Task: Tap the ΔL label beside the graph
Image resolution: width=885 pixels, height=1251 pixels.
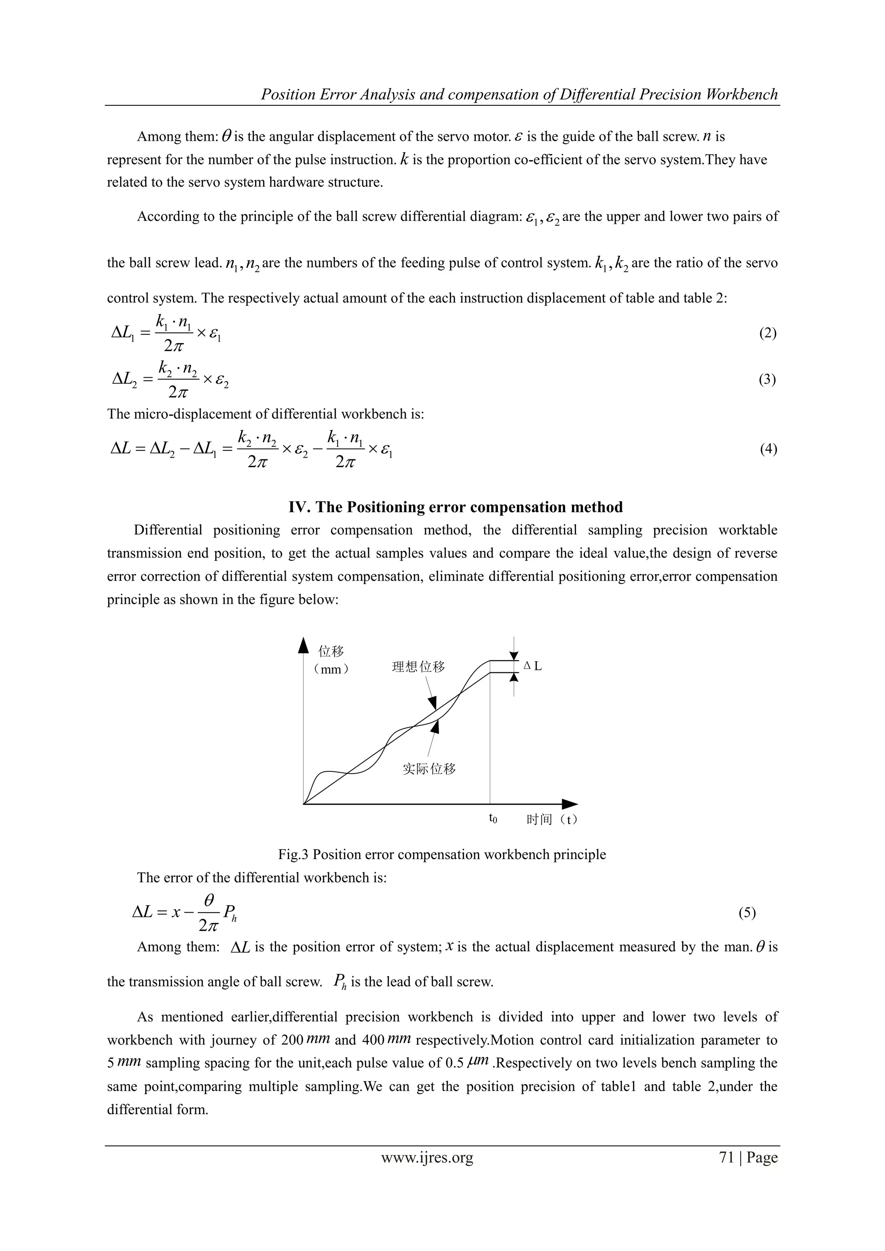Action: point(532,666)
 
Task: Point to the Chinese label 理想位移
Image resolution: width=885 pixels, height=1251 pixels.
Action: point(419,667)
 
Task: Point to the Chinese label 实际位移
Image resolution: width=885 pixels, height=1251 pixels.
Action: point(429,769)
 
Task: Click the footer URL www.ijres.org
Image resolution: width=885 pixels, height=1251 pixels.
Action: point(427,1157)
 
